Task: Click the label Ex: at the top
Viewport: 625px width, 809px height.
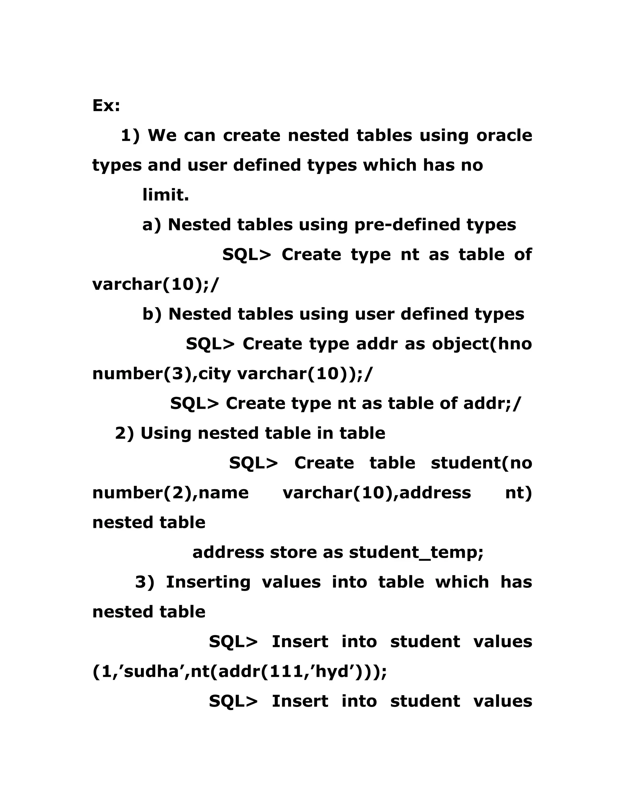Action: pyautogui.click(x=106, y=106)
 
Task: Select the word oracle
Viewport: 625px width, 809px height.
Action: pyautogui.click(x=504, y=135)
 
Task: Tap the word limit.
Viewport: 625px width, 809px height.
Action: pyautogui.click(x=165, y=195)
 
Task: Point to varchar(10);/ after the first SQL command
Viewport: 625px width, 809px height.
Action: pyautogui.click(x=156, y=284)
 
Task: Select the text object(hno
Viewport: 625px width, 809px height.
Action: pyautogui.click(x=482, y=344)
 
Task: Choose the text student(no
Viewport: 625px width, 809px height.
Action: pyautogui.click(x=481, y=463)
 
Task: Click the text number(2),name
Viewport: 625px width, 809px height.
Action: pyautogui.click(x=170, y=493)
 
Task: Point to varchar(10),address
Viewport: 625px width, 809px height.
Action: pyautogui.click(x=377, y=493)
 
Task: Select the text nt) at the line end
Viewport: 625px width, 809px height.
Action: pyautogui.click(x=518, y=493)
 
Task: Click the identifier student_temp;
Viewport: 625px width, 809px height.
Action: pyautogui.click(x=416, y=553)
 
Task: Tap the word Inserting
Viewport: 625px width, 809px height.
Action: pyautogui.click(x=208, y=582)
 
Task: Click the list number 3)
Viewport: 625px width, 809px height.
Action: pyautogui.click(x=144, y=582)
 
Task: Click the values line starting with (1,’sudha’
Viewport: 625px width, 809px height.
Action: pyautogui.click(x=239, y=672)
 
